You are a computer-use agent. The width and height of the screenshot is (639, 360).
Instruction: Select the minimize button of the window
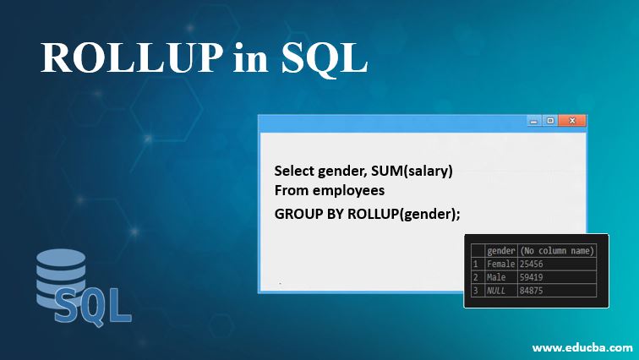click(534, 121)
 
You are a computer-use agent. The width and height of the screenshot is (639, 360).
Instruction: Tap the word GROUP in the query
click(297, 213)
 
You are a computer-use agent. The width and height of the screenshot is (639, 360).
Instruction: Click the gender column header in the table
click(501, 250)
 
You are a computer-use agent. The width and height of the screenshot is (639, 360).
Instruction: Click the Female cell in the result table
click(501, 264)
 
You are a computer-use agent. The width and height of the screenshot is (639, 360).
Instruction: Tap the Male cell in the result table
click(496, 276)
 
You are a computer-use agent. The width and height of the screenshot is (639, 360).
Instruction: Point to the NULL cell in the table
click(496, 290)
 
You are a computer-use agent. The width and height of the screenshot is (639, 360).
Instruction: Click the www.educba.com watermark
click(583, 347)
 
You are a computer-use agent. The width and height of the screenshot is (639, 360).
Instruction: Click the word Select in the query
click(293, 171)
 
